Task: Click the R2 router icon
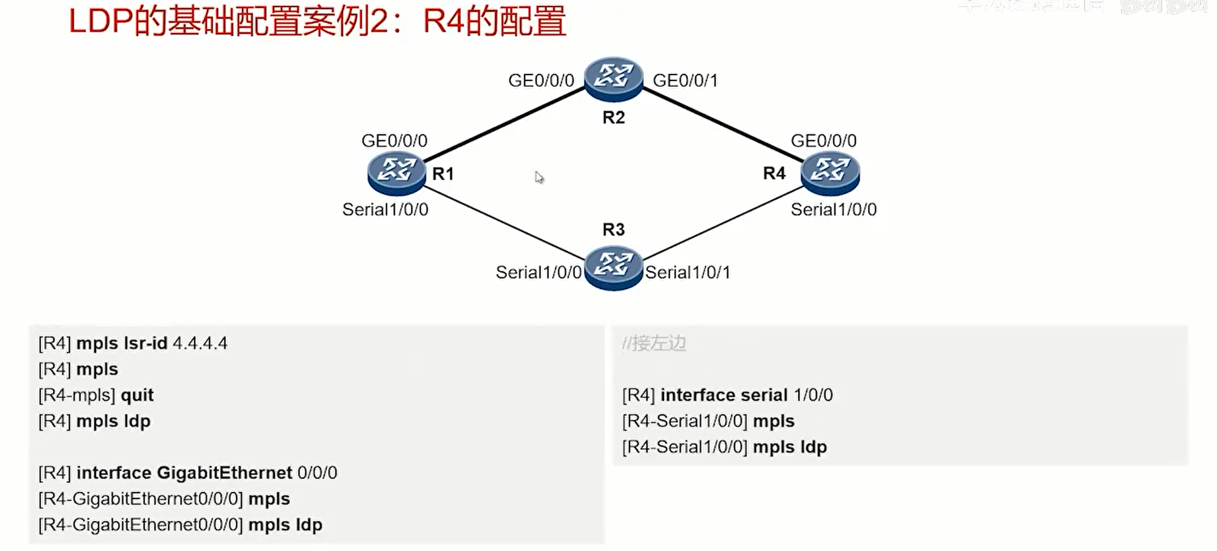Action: (613, 79)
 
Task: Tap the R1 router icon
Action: (396, 172)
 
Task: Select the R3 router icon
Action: (613, 267)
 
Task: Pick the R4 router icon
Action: (830, 172)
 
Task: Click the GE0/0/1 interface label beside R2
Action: (685, 81)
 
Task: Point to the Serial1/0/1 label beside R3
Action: (687, 273)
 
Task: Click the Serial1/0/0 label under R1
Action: (385, 210)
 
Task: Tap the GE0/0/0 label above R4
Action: (823, 141)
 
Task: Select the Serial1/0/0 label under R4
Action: (833, 210)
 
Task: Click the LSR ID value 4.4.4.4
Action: (200, 344)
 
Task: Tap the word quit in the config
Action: (137, 395)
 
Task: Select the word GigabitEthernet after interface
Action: (224, 473)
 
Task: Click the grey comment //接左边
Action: (654, 344)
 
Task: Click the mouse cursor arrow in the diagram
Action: (539, 178)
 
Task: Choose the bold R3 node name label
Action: (613, 229)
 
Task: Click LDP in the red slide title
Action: (100, 22)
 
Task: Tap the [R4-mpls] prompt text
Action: (77, 395)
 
